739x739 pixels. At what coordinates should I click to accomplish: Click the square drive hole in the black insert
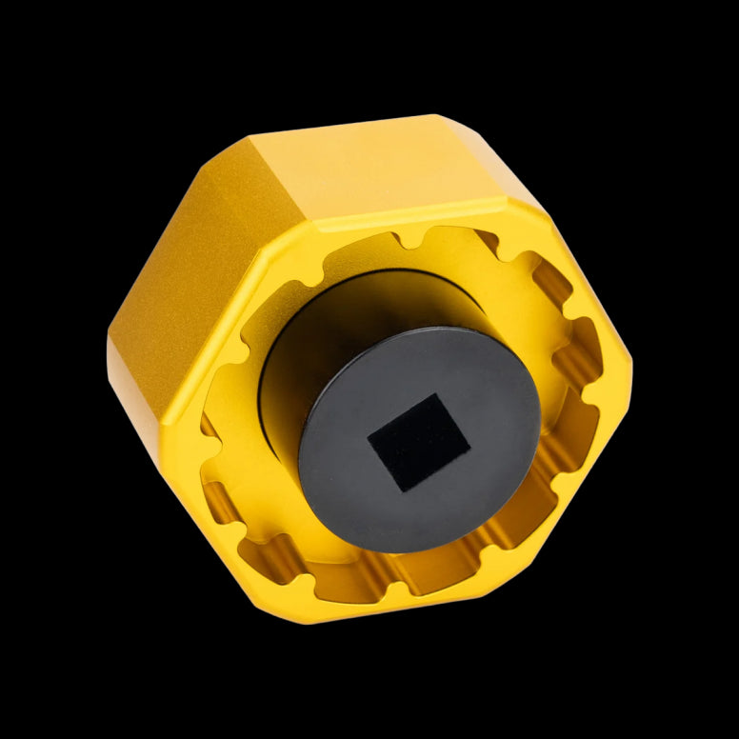(419, 443)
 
